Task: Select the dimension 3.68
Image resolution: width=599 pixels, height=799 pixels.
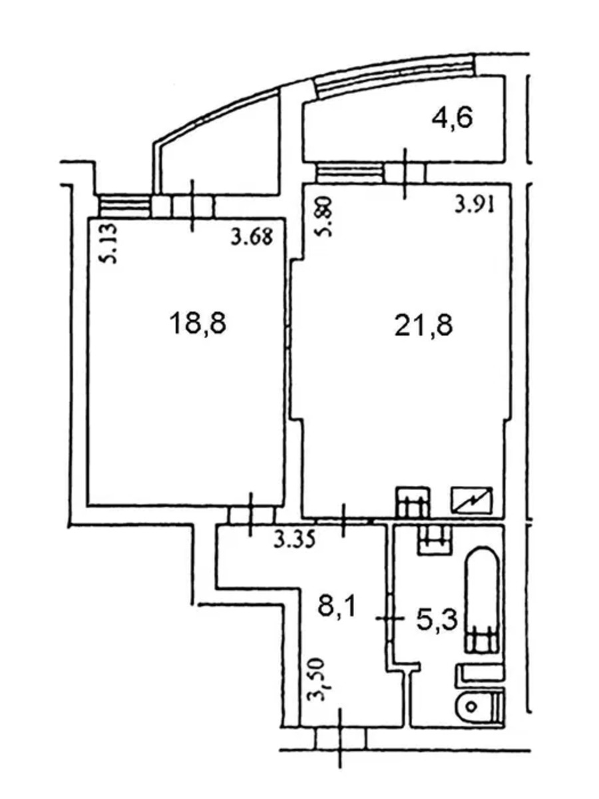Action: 252,237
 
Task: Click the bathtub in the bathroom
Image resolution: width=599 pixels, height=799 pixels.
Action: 483,599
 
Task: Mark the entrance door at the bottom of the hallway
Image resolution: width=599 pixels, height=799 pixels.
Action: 341,738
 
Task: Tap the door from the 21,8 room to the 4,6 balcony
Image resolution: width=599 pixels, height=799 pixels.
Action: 405,174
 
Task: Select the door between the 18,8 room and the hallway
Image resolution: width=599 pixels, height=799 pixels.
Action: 252,515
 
